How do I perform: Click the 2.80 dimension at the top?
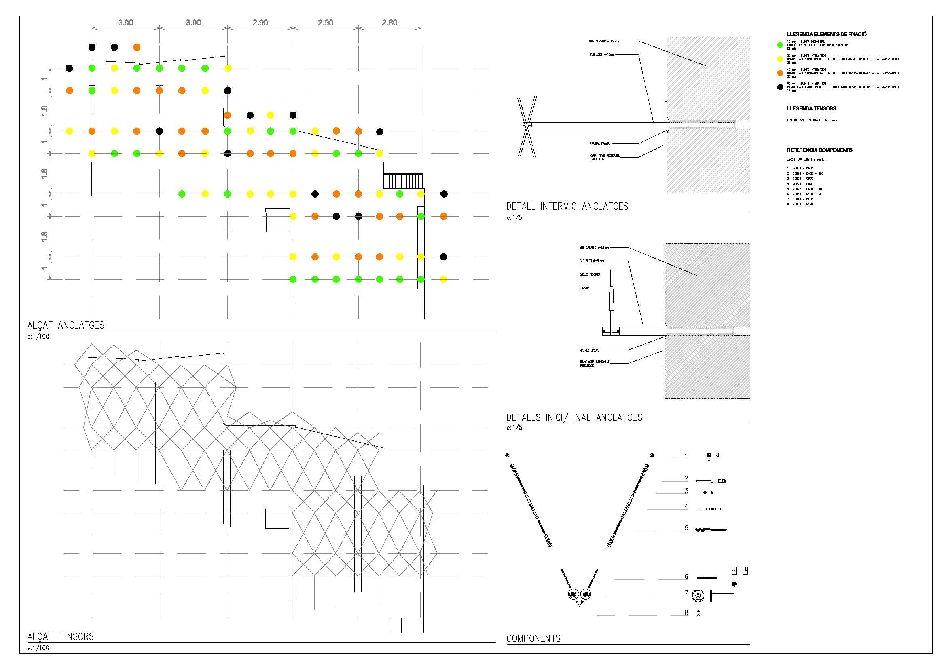389,23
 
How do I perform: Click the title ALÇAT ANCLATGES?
66,325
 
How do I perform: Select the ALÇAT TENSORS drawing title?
61,637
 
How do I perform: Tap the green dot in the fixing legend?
779,45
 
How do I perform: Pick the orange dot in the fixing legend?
779,73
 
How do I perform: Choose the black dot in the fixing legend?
779,87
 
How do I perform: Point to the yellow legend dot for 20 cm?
779,59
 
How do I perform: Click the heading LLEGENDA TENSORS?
811,108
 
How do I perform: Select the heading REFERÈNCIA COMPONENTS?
819,150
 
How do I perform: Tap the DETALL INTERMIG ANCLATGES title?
567,206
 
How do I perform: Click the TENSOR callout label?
584,288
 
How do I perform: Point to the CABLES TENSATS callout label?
590,274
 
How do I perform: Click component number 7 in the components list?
686,593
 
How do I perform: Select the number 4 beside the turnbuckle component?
686,506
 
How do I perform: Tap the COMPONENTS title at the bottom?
533,638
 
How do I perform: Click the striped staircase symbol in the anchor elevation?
403,181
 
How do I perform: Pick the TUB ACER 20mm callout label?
591,261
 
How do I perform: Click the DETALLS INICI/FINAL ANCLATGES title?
574,417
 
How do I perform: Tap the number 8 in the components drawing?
686,613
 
